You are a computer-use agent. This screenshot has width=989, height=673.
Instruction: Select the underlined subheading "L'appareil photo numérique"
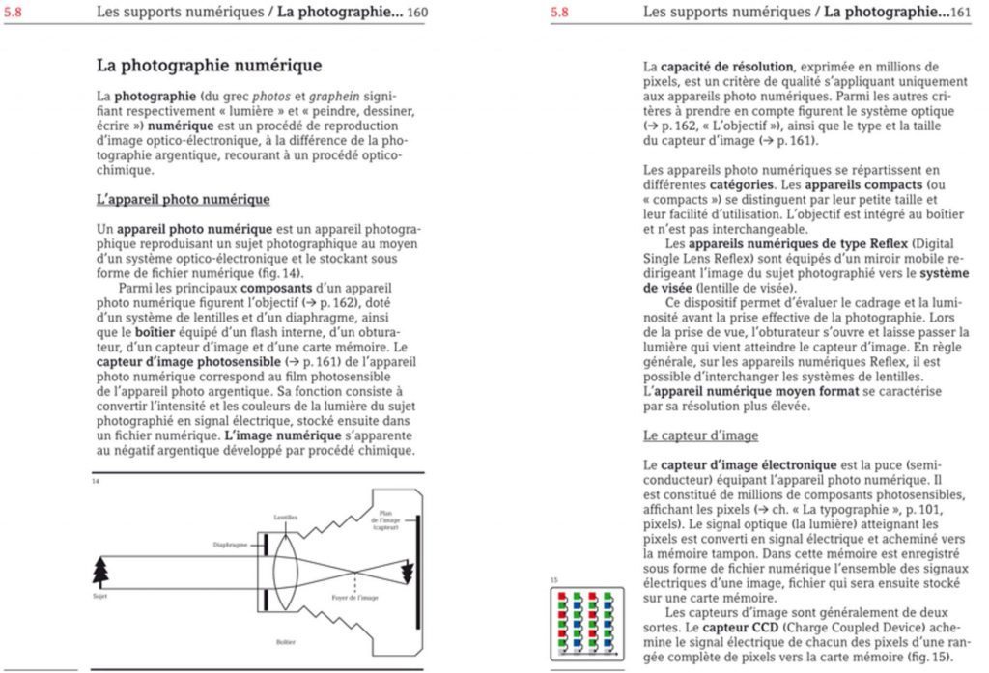[x=184, y=199]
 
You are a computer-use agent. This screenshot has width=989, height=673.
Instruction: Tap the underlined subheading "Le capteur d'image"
[x=700, y=435]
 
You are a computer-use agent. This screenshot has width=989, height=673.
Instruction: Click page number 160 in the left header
[x=417, y=13]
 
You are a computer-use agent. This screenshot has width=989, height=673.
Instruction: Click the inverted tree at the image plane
[x=407, y=573]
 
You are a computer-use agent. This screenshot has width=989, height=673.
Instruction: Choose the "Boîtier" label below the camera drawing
[x=286, y=642]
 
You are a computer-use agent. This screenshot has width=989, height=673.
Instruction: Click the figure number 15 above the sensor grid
[x=554, y=579]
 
